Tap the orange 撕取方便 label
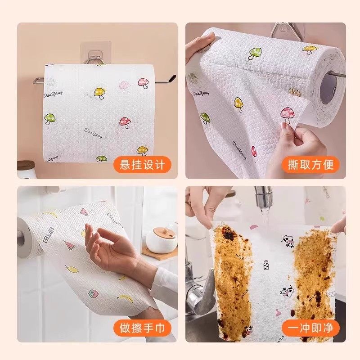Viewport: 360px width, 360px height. [311, 164]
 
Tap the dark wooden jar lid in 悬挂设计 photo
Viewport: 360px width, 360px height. [25, 165]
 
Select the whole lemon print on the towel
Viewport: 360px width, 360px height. [71, 270]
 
